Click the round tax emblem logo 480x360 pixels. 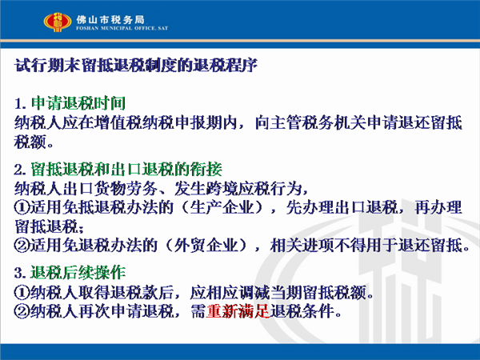[x=58, y=22]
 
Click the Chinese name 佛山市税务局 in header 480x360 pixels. [x=110, y=20]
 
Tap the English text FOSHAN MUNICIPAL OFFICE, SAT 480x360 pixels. [x=122, y=28]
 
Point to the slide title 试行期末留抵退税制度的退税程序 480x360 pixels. [x=136, y=65]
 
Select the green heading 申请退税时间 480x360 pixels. [x=78, y=103]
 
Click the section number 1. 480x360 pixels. [x=20, y=103]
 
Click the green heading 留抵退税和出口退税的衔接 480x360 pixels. [x=126, y=170]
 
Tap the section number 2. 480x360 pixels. [x=20, y=170]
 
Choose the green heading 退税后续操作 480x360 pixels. [x=78, y=272]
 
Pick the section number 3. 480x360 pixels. [x=20, y=273]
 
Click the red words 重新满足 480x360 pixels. [x=238, y=311]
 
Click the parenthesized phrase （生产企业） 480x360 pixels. [x=222, y=207]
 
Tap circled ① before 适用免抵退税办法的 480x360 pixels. [x=22, y=208]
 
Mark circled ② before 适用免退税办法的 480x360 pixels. [x=22, y=246]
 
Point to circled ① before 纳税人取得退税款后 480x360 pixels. [x=22, y=293]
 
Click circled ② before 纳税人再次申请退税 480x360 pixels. [x=22, y=312]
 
